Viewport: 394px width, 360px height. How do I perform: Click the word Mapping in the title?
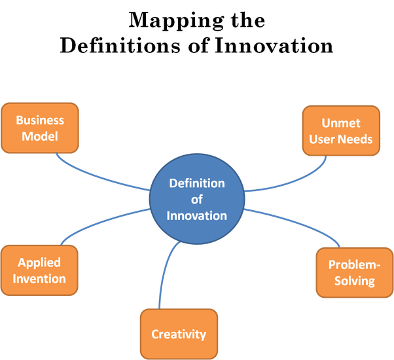point(176,20)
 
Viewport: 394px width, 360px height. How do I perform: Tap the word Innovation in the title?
point(274,46)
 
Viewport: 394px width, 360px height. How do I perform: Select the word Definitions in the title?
point(120,46)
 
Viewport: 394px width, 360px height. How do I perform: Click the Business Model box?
point(40,128)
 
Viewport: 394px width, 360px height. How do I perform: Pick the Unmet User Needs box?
point(341,131)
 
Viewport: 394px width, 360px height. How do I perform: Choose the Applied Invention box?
point(39,270)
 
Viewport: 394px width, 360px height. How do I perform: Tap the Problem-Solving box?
point(355,272)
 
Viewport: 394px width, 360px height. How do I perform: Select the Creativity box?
point(179,334)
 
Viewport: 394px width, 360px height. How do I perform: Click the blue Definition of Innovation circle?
point(197,199)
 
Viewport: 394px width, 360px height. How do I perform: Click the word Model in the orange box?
point(40,136)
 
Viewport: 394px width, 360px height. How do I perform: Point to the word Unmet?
point(341,123)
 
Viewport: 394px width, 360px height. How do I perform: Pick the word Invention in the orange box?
point(39,279)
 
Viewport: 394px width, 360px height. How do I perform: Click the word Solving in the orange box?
point(355,281)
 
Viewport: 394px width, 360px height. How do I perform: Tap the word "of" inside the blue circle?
point(197,200)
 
